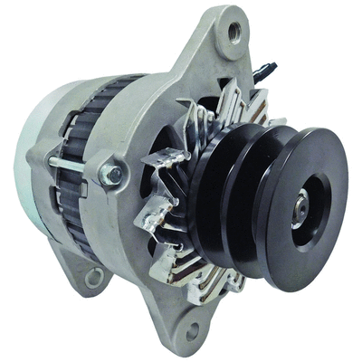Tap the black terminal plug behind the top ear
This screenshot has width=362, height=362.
pos(265,67)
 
